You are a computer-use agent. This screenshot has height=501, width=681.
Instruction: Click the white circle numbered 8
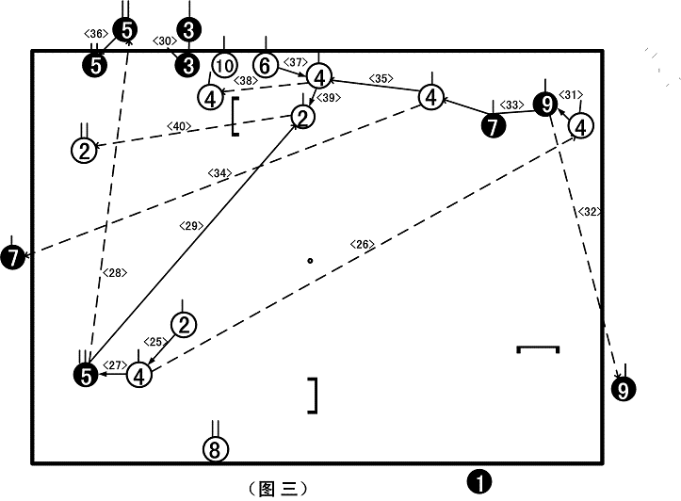pyautogui.click(x=216, y=449)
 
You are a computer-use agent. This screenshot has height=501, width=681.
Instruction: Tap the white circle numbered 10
pyautogui.click(x=224, y=66)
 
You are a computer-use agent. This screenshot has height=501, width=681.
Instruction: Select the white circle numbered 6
pyautogui.click(x=266, y=65)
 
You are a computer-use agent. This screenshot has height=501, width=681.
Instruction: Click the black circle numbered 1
pyautogui.click(x=479, y=482)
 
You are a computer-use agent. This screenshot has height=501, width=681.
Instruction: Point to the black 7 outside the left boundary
pyautogui.click(x=12, y=257)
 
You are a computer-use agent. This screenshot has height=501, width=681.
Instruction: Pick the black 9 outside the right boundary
pyautogui.click(x=624, y=389)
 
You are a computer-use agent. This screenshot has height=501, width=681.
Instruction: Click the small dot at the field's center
pyautogui.click(x=310, y=261)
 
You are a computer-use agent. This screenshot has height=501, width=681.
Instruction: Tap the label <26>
pyautogui.click(x=363, y=245)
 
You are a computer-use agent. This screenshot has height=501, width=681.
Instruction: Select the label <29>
pyautogui.click(x=191, y=226)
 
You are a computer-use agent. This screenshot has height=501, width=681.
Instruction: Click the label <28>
pyautogui.click(x=115, y=273)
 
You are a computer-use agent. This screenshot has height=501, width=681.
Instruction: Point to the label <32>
pyautogui.click(x=590, y=212)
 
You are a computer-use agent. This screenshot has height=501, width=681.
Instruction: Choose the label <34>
pyautogui.click(x=219, y=173)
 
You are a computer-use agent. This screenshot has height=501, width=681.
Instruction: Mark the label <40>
pyautogui.click(x=179, y=126)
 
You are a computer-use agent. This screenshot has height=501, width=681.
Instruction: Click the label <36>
pyautogui.click(x=95, y=34)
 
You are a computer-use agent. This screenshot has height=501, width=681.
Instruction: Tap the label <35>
pyautogui.click(x=381, y=78)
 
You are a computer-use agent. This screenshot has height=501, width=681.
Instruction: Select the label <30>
pyautogui.click(x=165, y=41)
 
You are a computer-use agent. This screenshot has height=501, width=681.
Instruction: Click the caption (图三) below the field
pyautogui.click(x=279, y=489)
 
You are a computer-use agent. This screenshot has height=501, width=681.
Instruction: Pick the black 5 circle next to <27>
pyautogui.click(x=87, y=376)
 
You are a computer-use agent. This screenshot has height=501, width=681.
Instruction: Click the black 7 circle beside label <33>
pyautogui.click(x=493, y=126)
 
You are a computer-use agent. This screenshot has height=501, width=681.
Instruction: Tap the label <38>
pyautogui.click(x=246, y=81)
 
